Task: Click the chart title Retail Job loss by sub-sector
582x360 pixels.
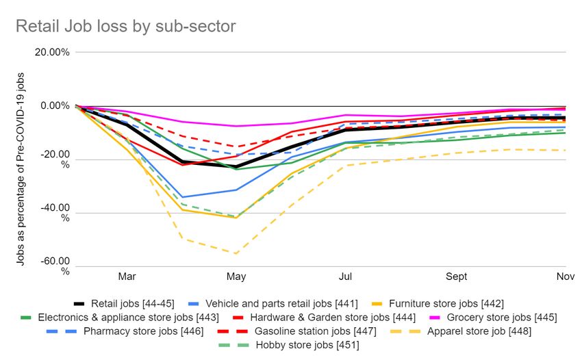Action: point(125,27)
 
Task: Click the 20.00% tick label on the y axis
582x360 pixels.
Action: point(52,52)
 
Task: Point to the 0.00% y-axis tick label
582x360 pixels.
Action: point(55,106)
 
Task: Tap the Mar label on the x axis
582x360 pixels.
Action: point(127,277)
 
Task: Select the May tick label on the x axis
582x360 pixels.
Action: point(236,277)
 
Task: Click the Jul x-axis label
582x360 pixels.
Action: point(346,277)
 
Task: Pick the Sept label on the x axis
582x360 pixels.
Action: point(457,277)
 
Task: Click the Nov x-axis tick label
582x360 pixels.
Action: point(565,277)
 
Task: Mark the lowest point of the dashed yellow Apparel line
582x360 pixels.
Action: point(236,254)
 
